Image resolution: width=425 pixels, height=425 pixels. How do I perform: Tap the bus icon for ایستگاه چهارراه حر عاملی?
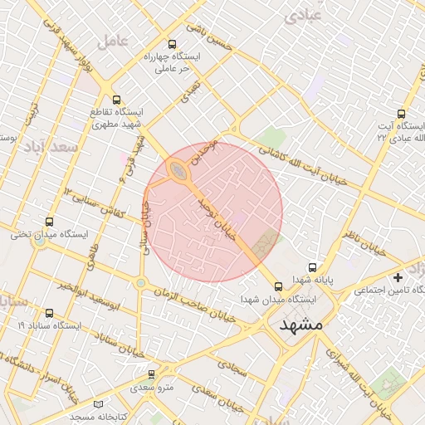(172, 45)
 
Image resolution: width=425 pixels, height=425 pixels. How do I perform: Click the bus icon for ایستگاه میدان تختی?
(49, 222)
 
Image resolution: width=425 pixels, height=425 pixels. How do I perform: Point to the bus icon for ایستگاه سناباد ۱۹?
(49, 314)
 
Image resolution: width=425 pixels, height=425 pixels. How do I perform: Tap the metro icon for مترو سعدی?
(151, 374)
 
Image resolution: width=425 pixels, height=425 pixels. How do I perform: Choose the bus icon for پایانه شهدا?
(312, 268)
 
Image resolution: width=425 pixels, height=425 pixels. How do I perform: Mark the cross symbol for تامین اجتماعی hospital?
(398, 276)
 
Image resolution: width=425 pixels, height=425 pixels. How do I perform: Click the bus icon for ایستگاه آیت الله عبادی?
(402, 115)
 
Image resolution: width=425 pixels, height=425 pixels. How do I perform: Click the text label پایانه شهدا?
(312, 281)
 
